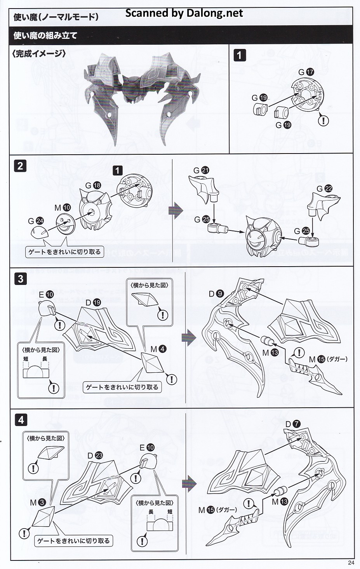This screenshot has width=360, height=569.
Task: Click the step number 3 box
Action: [21, 279]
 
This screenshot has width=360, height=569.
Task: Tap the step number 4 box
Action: [21, 420]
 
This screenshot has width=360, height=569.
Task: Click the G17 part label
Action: [306, 72]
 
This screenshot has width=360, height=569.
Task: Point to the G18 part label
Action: [92, 185]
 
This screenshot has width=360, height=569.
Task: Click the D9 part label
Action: [216, 294]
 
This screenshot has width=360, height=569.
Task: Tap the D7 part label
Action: [293, 424]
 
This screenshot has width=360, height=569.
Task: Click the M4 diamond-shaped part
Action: [154, 364]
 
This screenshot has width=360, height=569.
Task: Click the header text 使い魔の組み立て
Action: [45, 36]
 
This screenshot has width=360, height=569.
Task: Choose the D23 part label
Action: [95, 456]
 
